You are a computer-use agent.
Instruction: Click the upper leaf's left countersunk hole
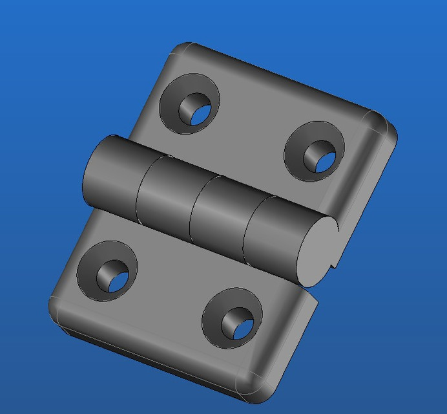[x=189, y=103]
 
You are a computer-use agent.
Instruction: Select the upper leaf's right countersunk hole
[x=314, y=151]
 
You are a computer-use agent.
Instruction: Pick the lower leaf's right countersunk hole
[x=233, y=318]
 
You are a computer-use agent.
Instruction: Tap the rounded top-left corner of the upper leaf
[x=181, y=52]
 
